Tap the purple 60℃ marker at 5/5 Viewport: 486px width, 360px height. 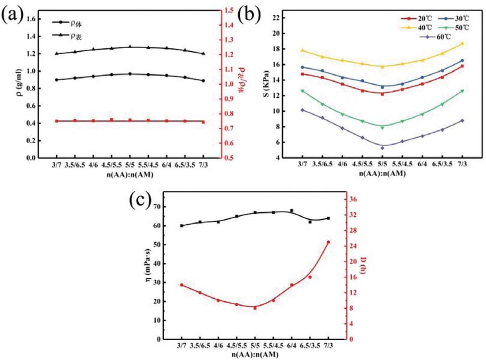pos(383,148)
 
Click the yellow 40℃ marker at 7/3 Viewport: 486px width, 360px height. pos(463,43)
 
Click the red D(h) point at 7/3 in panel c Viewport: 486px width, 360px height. pos(328,242)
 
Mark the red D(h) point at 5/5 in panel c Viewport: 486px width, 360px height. pos(255,308)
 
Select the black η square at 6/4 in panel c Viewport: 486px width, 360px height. pos(292,211)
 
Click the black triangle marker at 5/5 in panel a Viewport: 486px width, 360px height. pos(130,47)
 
